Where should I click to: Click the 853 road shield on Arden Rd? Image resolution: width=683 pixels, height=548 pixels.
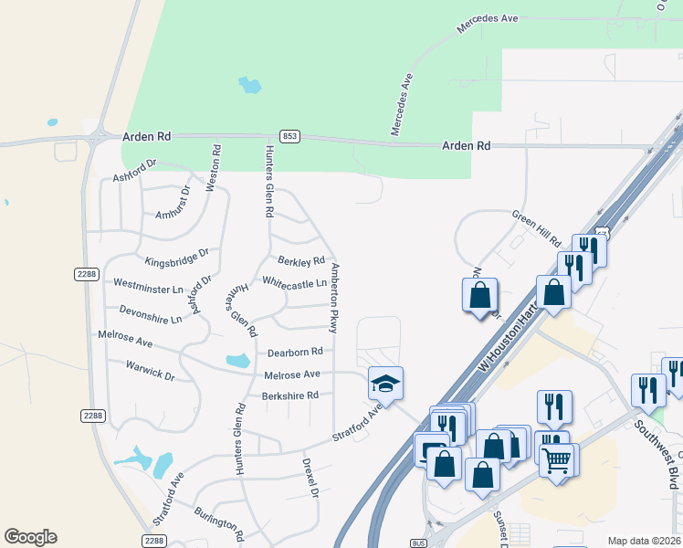point(289,136)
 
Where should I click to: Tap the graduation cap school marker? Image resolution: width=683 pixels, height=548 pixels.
point(385,383)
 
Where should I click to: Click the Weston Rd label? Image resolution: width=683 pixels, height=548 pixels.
point(213,167)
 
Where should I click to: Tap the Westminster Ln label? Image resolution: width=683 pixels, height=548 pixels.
point(149,284)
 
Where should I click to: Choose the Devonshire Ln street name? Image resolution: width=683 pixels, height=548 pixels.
point(150,314)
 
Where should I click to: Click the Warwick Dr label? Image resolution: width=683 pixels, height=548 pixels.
point(149,369)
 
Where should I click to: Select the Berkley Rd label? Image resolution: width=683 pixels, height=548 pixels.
point(301,261)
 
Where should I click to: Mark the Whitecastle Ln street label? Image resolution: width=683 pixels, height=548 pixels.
point(294,283)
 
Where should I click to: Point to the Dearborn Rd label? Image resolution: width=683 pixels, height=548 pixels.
point(295,352)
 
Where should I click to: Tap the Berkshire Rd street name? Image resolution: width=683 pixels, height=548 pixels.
point(289,395)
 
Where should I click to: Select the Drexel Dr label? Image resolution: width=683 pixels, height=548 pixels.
point(309,477)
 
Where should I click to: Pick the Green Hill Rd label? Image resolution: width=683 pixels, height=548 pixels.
point(536,229)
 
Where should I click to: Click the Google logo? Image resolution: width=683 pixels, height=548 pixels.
point(30,537)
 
